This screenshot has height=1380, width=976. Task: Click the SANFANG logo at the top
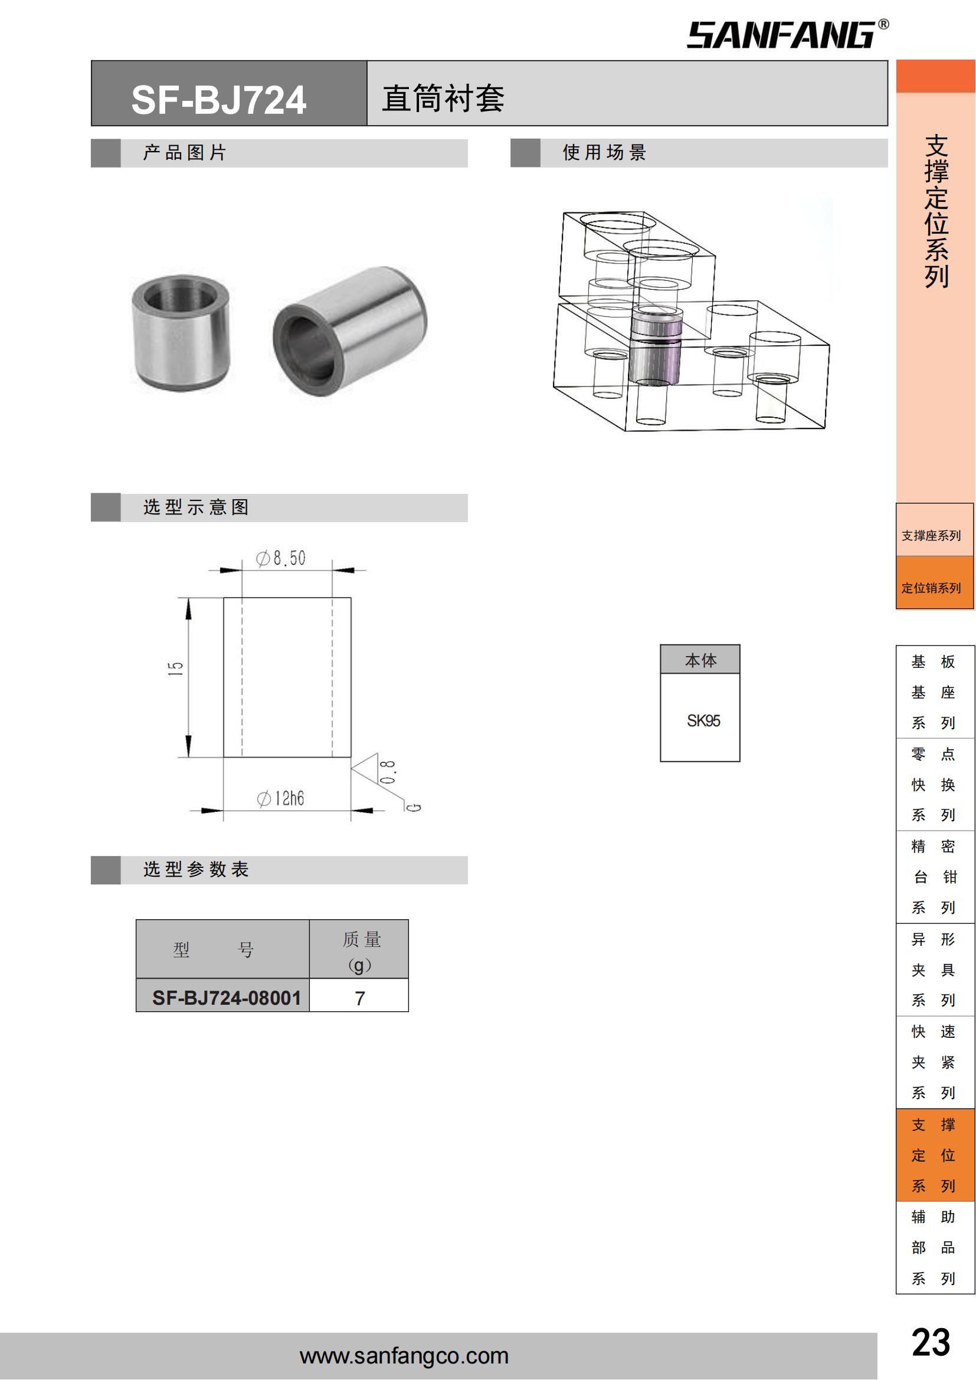point(788,34)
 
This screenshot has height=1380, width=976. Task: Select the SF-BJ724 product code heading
point(219,100)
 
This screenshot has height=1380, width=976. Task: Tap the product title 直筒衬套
point(444,99)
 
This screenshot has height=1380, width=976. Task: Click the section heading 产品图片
point(184,153)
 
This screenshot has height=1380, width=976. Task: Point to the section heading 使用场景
point(604,153)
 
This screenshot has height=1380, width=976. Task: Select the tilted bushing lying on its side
point(350,330)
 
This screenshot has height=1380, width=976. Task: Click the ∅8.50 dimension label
point(281,558)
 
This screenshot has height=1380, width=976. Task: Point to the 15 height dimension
point(175,669)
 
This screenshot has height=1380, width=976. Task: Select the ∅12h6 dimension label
point(281,799)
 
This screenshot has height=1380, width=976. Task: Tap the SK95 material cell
point(703,720)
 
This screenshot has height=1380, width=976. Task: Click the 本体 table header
point(700,661)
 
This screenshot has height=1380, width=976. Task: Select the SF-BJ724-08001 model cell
point(227,998)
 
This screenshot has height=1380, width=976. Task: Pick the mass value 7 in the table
point(360,998)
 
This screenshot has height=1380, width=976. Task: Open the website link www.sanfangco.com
point(404,1356)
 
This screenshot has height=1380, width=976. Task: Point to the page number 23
point(931,1343)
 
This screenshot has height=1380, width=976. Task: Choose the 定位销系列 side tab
point(931,588)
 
